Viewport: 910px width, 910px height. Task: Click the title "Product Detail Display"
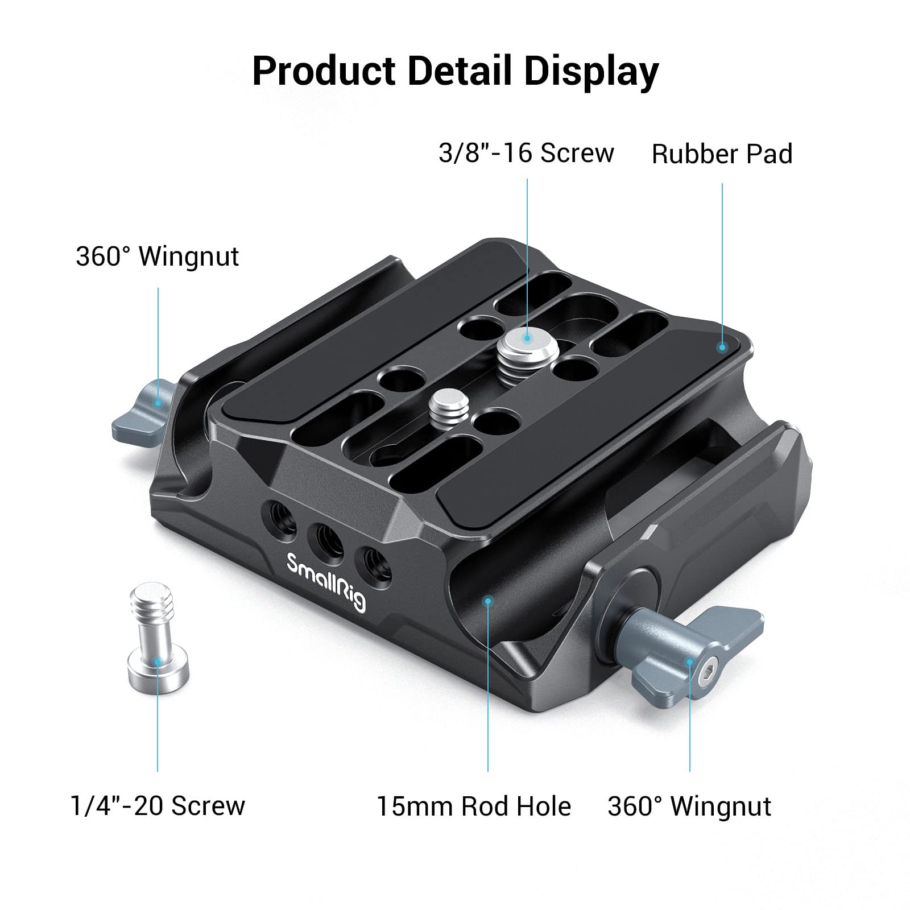[455, 71]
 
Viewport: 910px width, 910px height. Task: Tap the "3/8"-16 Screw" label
[526, 154]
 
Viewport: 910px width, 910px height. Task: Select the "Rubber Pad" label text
[722, 155]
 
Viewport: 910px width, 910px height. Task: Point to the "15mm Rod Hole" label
[474, 806]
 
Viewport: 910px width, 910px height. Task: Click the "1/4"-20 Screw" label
[158, 806]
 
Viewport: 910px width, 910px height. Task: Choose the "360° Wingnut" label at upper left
[158, 257]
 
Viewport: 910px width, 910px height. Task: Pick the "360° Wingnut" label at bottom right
[689, 806]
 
